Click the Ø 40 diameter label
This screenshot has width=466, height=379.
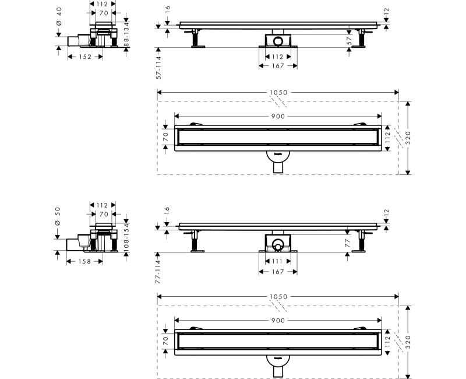pos(58,19)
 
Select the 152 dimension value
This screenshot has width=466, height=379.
pos(85,57)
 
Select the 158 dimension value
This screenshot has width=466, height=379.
pos(85,262)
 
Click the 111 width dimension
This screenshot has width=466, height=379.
pos(277,261)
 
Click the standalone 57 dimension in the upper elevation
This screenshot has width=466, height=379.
pos(349,40)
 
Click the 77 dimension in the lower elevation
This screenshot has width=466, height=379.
pos(349,241)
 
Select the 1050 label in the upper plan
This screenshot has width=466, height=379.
pos(278,93)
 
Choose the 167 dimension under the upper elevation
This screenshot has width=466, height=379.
pos(277,66)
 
